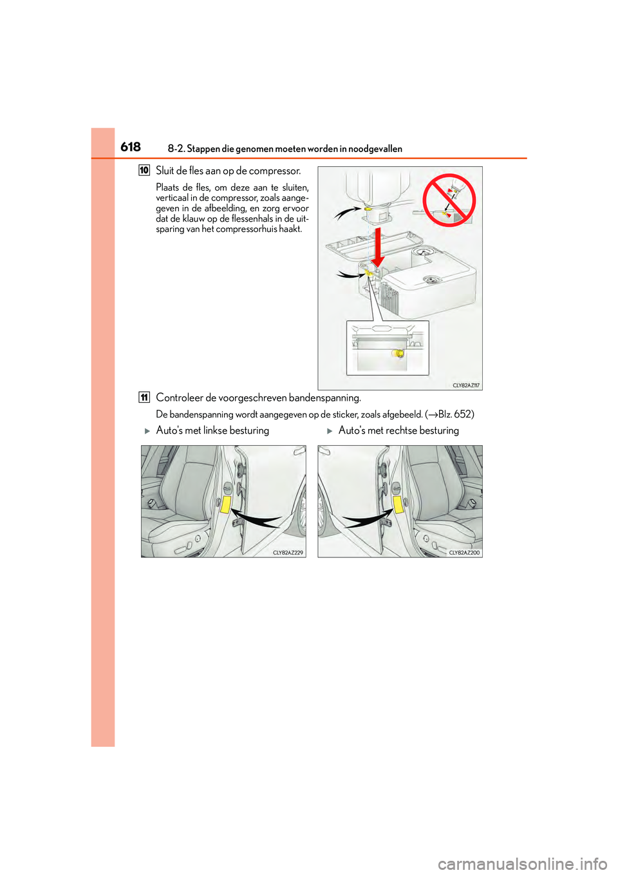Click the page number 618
pos(131,147)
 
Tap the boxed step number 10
pos(144,171)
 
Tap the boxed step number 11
pos(144,398)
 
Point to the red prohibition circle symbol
pos(449,200)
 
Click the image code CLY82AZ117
pos(466,385)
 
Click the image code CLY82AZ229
pos(288,553)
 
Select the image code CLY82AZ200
pos(464,553)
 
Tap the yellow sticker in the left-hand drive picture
pos(225,503)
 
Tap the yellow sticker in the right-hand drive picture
pos(398,504)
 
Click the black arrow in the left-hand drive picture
pos(256,517)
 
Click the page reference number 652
pos(463,414)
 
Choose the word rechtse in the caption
pos(400,430)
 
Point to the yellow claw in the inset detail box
pos(399,354)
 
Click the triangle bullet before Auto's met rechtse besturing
pos(330,431)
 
